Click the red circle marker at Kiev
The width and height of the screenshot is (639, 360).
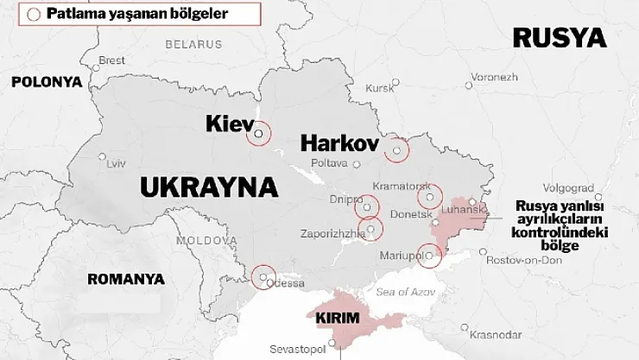[258, 134]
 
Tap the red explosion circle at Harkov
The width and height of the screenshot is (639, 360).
[396, 150]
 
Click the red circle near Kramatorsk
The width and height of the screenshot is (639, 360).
[429, 198]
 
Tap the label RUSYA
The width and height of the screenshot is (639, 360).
[559, 37]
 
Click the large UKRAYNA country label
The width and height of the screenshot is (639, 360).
[208, 186]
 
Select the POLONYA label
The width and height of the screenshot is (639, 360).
[47, 82]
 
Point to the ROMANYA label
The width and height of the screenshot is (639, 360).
[126, 279]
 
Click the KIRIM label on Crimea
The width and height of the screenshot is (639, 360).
[338, 318]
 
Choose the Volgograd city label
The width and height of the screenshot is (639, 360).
[569, 186]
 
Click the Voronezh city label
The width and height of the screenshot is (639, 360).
[495, 77]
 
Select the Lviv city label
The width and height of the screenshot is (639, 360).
[116, 163]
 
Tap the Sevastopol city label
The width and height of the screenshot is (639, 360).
[301, 349]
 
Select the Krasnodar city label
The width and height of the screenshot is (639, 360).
[501, 334]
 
